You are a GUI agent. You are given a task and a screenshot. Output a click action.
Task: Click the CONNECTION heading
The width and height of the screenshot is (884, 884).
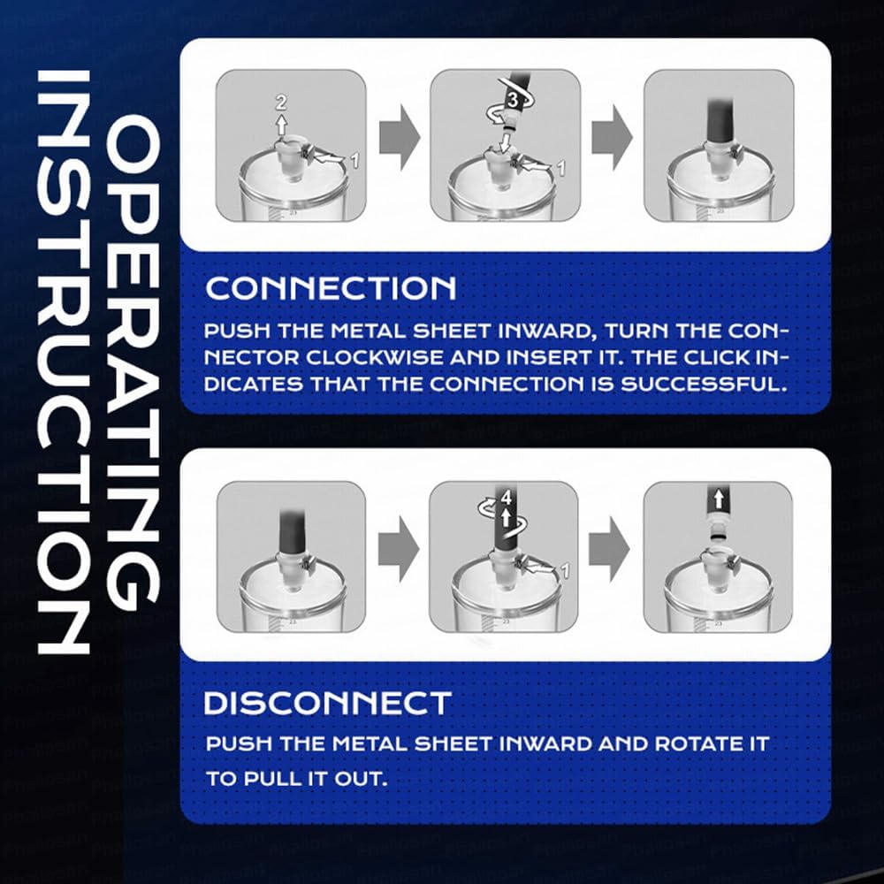[331, 288]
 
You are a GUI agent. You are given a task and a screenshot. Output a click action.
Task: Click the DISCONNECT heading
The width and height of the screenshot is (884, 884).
[328, 703]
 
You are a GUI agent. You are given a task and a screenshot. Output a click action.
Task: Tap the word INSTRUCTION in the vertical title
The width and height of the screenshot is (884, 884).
[63, 362]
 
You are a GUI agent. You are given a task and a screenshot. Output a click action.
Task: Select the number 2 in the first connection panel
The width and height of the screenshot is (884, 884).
[281, 103]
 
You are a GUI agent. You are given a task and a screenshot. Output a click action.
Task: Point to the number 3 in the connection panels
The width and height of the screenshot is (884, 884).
[512, 101]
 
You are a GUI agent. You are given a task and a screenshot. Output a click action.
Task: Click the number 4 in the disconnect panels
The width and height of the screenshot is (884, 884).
[507, 497]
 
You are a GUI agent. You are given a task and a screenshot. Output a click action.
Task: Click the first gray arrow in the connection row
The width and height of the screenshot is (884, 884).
[400, 137]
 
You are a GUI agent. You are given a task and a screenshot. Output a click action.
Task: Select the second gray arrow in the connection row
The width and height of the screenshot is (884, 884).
[613, 137]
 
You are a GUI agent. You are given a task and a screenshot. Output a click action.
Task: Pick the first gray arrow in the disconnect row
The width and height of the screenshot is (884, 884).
[399, 548]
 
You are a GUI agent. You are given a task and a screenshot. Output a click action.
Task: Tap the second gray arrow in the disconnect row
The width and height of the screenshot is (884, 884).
[609, 548]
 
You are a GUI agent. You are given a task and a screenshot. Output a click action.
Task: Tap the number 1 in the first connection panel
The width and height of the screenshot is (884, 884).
[354, 161]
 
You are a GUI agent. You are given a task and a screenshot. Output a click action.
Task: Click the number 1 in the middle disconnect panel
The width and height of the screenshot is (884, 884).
[565, 570]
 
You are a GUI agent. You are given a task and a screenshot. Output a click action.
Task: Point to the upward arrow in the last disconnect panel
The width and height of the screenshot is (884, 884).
[718, 499]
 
